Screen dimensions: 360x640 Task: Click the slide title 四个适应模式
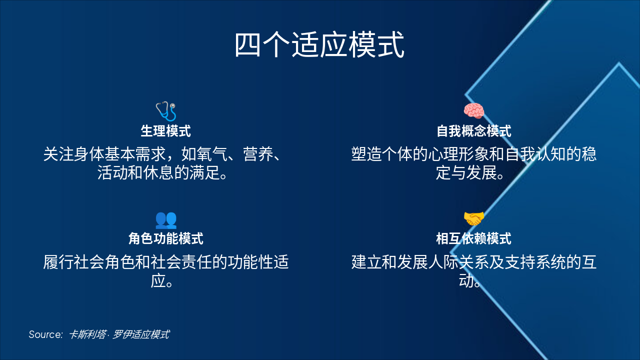(x=319, y=45)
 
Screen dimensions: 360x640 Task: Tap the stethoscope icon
(x=165, y=111)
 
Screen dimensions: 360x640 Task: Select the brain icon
(x=473, y=111)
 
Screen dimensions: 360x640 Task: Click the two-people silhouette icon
(x=165, y=219)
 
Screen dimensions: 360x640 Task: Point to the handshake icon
(x=473, y=218)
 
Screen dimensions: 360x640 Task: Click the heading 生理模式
(x=165, y=131)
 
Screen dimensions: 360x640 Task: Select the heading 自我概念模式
(x=473, y=131)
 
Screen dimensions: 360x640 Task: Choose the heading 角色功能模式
(x=165, y=238)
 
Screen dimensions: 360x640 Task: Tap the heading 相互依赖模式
(x=473, y=238)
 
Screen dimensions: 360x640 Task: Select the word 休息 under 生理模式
(x=156, y=173)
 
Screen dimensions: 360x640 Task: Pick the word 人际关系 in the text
(x=457, y=262)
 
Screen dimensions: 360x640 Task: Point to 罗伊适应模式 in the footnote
(x=140, y=334)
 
